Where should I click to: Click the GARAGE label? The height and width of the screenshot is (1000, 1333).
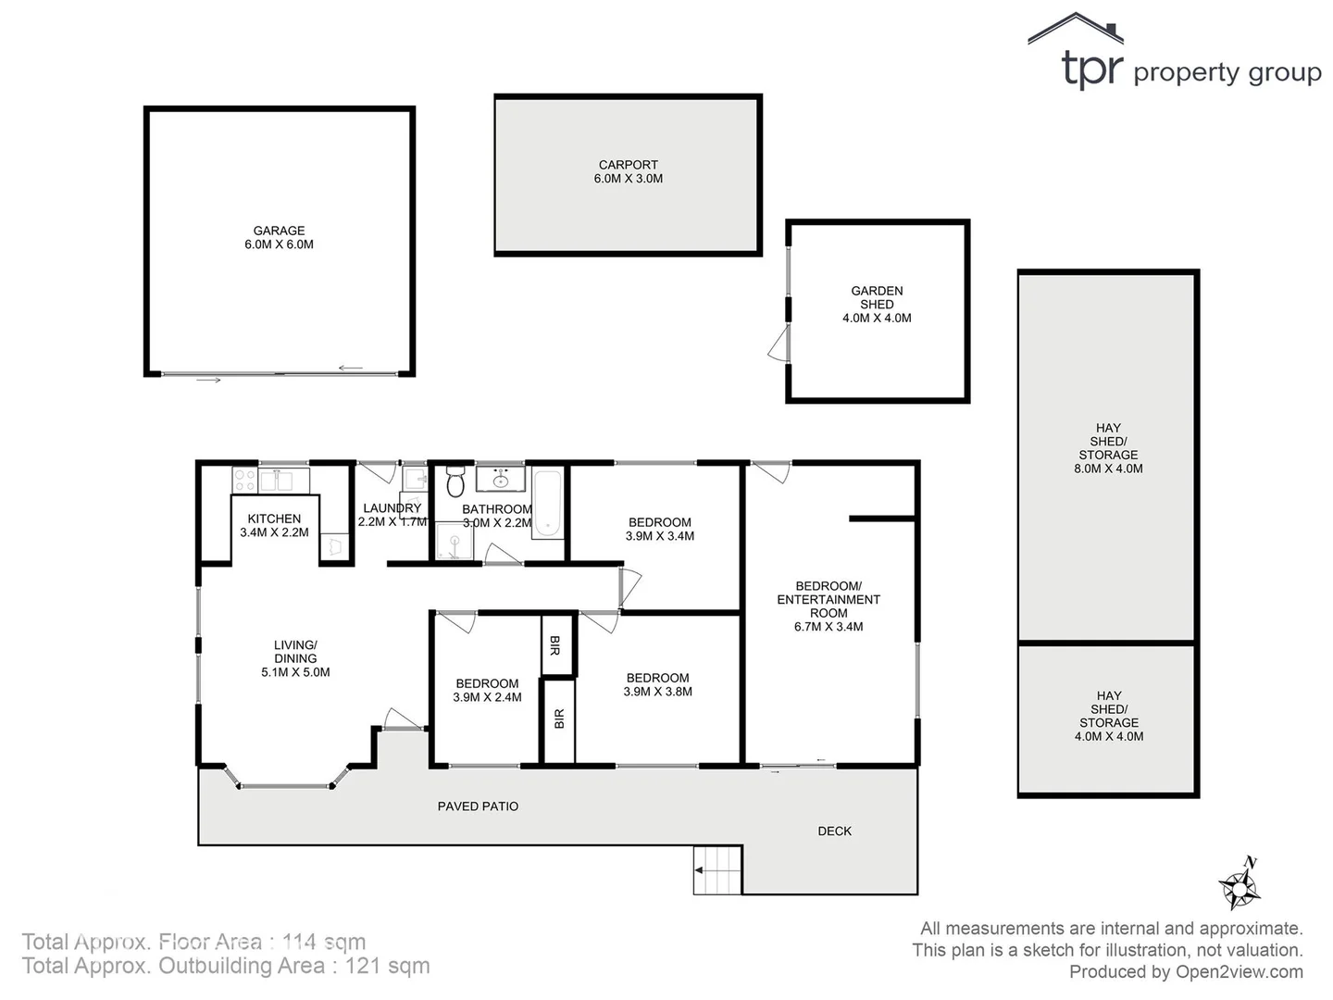point(279,237)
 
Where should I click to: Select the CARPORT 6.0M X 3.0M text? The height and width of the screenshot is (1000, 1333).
point(628,171)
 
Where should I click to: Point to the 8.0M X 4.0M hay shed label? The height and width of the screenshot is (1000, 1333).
point(1108,448)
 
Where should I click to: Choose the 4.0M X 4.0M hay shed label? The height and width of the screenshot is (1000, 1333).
point(1108,716)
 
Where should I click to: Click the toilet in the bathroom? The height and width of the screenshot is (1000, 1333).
point(455,482)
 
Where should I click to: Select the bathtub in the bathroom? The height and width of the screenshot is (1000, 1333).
point(548,504)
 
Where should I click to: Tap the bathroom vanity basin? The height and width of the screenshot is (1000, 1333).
point(501,480)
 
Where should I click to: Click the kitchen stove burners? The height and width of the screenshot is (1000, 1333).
point(244,480)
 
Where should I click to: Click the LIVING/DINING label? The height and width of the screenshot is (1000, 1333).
point(295,658)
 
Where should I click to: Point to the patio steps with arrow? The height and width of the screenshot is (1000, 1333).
point(717,870)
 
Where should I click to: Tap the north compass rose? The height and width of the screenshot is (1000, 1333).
point(1240,885)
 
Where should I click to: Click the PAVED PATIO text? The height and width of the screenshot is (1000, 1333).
point(478,806)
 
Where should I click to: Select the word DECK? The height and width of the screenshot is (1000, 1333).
point(834,831)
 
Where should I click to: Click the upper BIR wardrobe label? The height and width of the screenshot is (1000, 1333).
point(555,645)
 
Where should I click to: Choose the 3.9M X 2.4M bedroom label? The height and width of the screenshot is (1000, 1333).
point(487,691)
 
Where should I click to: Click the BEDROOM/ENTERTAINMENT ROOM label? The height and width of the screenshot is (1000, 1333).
point(828,606)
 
